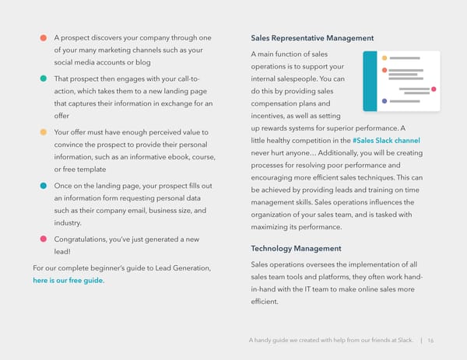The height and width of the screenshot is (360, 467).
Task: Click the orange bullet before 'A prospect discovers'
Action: (44, 38)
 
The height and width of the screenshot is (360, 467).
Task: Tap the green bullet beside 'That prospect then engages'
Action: (44, 79)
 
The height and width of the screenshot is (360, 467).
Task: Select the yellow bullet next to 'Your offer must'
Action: (44, 131)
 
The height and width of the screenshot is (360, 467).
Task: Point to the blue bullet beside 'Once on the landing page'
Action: (44, 185)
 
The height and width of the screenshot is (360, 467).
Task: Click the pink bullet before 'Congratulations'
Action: (44, 238)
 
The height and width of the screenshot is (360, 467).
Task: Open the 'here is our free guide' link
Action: (68, 281)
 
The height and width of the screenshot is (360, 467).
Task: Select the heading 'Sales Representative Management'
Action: (312, 38)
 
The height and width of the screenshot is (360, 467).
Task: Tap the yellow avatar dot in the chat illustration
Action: (384, 59)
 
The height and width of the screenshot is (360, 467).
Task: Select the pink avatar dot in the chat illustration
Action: (434, 89)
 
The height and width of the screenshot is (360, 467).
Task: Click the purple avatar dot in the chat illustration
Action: (384, 102)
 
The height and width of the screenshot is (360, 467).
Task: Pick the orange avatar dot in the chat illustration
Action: (384, 72)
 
